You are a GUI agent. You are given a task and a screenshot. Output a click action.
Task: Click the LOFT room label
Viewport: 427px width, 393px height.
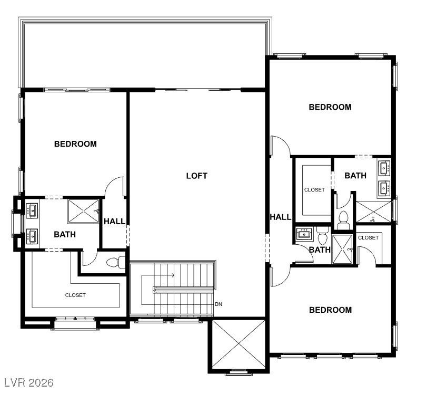(x=196, y=176)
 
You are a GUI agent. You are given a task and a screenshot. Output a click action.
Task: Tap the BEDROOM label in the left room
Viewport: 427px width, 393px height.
(x=75, y=144)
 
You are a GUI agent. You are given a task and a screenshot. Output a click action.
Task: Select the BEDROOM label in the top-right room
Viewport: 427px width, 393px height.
(x=330, y=107)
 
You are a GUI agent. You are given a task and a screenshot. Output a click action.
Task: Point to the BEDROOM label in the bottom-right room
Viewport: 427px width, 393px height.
(x=330, y=310)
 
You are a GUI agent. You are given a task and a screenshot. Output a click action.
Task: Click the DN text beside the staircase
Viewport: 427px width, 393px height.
(x=219, y=304)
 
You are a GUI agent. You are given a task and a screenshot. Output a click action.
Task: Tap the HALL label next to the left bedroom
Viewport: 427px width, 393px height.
(x=114, y=222)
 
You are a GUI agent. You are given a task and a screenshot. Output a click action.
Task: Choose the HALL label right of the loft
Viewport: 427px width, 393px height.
(x=280, y=217)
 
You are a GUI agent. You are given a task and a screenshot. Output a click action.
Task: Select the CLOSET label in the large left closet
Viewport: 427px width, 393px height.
(x=75, y=295)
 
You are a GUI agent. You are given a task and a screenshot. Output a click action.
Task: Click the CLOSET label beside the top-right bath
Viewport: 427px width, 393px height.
(x=314, y=189)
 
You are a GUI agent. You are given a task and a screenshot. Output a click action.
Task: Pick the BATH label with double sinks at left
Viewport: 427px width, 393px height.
(x=65, y=234)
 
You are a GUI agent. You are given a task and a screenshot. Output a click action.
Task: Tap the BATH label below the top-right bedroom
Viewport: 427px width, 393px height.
(x=355, y=176)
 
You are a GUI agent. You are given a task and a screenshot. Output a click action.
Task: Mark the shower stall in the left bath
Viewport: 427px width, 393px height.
(x=83, y=212)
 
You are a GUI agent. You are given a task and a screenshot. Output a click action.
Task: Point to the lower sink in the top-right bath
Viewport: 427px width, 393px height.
(x=384, y=187)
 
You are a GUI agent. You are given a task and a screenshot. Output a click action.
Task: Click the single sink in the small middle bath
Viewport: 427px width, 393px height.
(x=304, y=234)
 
